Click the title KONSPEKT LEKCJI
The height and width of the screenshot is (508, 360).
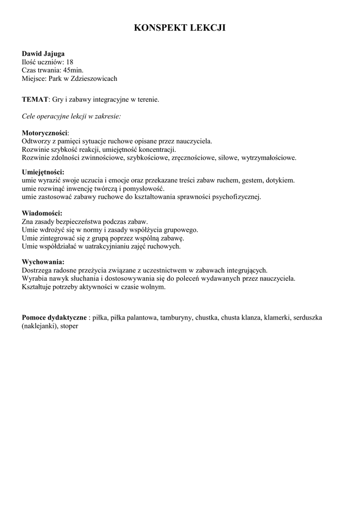(180, 28)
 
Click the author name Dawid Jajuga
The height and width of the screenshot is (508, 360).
(43, 54)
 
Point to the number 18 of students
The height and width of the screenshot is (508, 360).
(70, 62)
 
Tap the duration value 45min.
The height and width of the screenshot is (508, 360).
(73, 70)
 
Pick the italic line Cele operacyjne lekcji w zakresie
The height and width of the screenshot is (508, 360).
(72, 116)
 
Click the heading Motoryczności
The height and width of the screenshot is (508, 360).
(45, 133)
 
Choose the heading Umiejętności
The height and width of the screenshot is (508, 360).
(43, 172)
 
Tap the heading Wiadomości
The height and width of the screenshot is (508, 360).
(42, 213)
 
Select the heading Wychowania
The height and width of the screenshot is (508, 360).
(43, 261)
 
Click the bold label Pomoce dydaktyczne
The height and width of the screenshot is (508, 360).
(54, 317)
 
